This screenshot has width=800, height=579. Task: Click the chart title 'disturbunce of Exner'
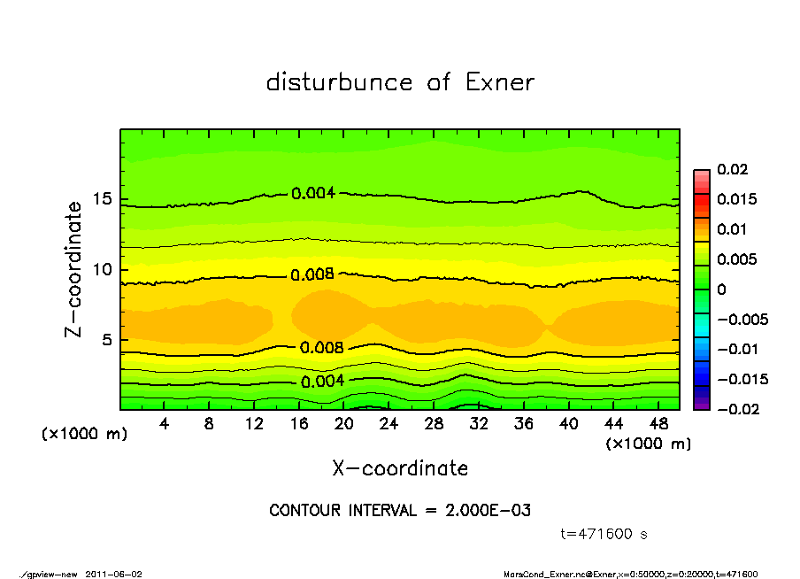coord(400,82)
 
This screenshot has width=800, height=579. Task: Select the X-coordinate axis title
coord(400,468)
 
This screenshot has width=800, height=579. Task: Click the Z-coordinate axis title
coord(74,269)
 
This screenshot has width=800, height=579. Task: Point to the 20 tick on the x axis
coord(344,423)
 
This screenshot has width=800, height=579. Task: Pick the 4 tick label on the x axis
coord(165,423)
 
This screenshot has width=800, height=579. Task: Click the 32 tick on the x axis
coord(479,423)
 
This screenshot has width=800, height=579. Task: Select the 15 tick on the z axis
coord(102,199)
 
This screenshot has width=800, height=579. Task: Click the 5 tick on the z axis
coord(106,340)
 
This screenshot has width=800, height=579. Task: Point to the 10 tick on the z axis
coord(102,270)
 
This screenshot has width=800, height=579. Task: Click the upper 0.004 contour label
coord(313,193)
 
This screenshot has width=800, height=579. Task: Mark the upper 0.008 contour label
coord(313,274)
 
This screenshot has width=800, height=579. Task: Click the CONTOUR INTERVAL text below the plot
coord(400,511)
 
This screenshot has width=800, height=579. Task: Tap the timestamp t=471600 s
coord(604,534)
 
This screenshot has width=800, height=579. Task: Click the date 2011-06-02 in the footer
coord(113,574)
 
